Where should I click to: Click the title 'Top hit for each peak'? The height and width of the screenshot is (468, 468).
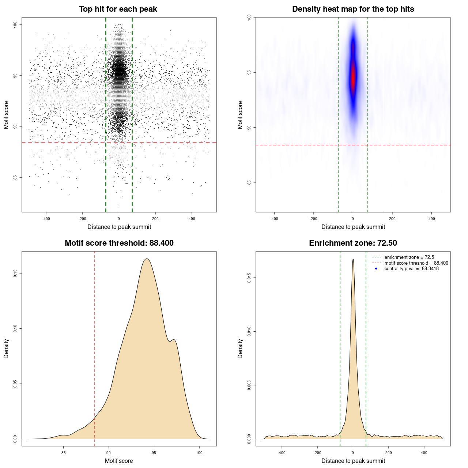coord(118,9)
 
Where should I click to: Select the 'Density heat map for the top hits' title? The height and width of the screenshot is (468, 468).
coord(353,9)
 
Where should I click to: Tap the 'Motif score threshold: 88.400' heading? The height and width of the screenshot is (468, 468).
coord(119,243)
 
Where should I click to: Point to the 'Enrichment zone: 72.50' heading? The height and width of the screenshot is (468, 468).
coord(353,243)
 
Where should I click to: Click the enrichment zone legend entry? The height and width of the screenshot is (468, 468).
coord(409,257)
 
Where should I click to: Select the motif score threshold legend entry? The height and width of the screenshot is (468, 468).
coord(416,263)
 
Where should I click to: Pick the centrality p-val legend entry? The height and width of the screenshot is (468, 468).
coord(411,269)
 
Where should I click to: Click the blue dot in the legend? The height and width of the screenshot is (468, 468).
coord(376,269)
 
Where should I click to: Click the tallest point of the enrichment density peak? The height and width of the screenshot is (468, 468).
coord(353,259)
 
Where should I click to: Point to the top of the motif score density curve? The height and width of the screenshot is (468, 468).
coord(147,259)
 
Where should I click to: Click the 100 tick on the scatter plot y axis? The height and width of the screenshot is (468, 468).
coord(15,24)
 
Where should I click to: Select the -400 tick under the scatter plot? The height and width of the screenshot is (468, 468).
coord(46,219)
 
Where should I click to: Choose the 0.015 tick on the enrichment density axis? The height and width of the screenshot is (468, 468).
coord(249,278)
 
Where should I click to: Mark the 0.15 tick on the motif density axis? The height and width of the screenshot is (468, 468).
coord(15,273)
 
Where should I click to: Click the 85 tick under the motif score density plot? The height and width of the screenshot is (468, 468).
coord(64,453)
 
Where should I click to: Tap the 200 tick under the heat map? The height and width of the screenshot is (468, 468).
coord(392,219)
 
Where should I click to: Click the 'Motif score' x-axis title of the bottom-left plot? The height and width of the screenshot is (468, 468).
coord(119,461)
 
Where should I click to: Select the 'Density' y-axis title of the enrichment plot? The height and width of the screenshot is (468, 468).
coord(240,348)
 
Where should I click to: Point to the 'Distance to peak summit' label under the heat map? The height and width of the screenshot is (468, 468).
coord(353,227)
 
